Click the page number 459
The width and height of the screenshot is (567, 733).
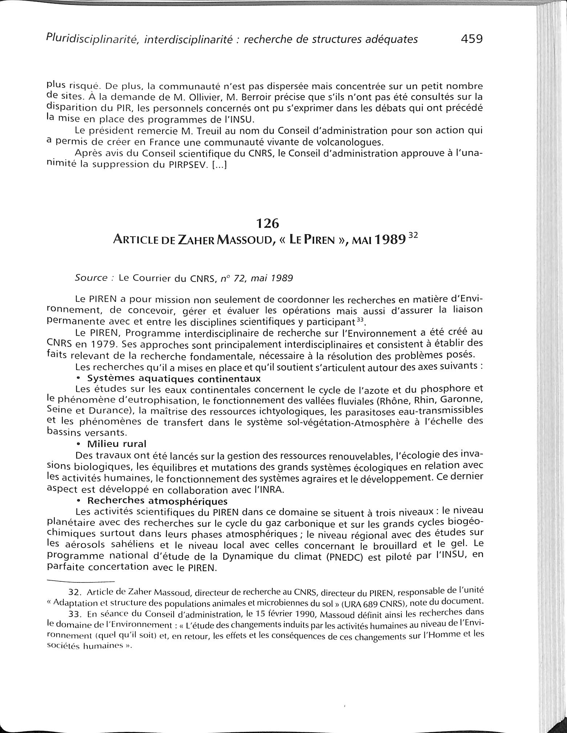click(472, 38)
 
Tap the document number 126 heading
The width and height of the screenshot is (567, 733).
click(268, 224)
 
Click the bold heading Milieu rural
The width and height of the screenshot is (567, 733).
click(117, 444)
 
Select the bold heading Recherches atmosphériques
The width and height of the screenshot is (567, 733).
click(158, 501)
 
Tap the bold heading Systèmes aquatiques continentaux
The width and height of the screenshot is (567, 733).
click(174, 378)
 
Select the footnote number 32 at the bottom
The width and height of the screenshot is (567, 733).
click(74, 593)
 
